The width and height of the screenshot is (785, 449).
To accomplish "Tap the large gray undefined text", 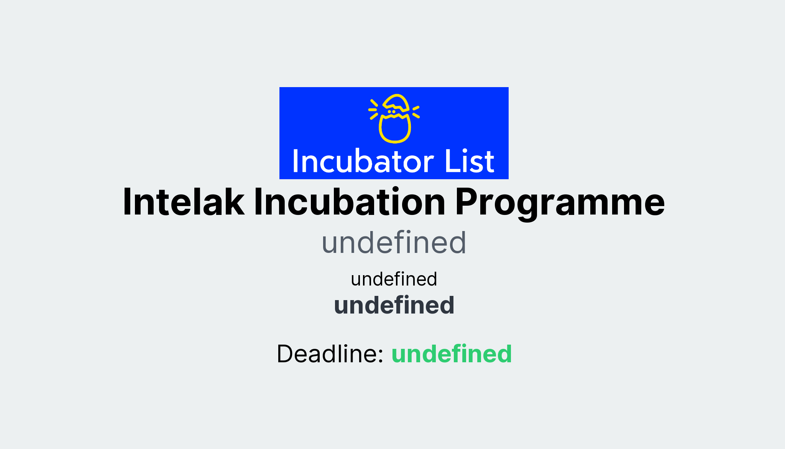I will [x=394, y=243].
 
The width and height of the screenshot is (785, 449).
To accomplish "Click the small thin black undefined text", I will [x=394, y=279].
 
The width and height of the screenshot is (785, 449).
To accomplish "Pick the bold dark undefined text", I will [x=394, y=305].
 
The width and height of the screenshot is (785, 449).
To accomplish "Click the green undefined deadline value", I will [x=451, y=354].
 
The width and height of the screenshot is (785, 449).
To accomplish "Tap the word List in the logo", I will [x=469, y=162].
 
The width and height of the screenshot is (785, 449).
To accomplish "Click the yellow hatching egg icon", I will [x=395, y=119].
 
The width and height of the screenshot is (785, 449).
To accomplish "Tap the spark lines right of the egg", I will [x=416, y=112].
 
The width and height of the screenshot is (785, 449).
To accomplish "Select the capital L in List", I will [x=451, y=162].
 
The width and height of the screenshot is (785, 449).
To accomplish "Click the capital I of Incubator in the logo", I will [x=296, y=162].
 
